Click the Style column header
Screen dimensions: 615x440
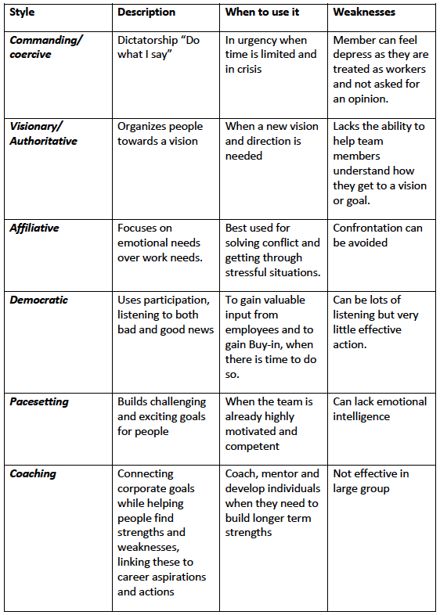tap(23, 13)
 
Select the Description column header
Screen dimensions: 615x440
tap(146, 13)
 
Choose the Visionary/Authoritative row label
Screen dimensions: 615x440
tap(43, 134)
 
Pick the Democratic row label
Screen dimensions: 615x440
tap(38, 300)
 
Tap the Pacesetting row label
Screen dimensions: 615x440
tap(39, 401)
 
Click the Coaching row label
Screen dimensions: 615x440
tap(33, 473)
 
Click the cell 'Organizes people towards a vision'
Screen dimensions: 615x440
tap(160, 134)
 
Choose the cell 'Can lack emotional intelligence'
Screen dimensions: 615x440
tap(380, 408)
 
